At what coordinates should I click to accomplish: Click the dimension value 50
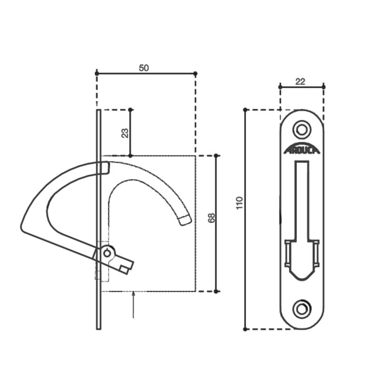(x=144, y=68)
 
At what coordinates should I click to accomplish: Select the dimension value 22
(x=300, y=82)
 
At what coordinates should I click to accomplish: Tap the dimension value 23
(x=125, y=133)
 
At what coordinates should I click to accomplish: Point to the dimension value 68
(x=211, y=218)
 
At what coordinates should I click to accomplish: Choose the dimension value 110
(x=239, y=203)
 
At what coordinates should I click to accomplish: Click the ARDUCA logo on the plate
(x=302, y=148)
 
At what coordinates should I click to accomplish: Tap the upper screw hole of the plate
(x=302, y=130)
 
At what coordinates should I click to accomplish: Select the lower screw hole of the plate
(x=302, y=309)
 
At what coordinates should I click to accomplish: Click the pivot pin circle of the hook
(x=107, y=253)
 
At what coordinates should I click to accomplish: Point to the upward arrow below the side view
(x=133, y=304)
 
